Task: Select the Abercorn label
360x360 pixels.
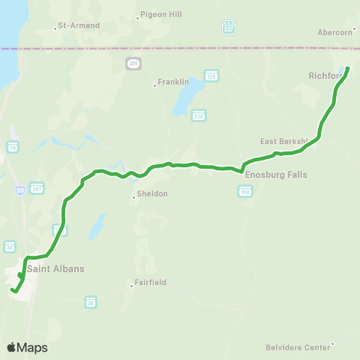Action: (x=334, y=32)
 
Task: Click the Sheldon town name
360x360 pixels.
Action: (x=152, y=193)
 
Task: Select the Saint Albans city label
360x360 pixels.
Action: (x=55, y=268)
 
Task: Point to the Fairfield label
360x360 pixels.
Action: (x=150, y=283)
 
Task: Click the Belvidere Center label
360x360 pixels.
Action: (x=298, y=347)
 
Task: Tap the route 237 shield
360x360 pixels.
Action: (x=229, y=27)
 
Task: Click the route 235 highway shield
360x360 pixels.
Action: (x=133, y=64)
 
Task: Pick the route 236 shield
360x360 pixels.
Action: (x=198, y=115)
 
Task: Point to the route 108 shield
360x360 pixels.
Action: (x=244, y=192)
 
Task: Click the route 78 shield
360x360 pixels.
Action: (x=13, y=148)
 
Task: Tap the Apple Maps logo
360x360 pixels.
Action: (x=27, y=347)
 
